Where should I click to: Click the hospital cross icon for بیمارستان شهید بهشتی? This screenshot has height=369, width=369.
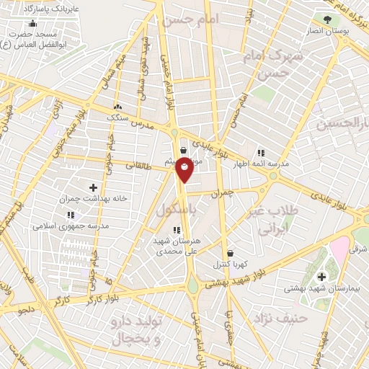coord(321,277)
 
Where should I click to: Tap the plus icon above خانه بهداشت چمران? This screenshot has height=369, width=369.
coord(93,187)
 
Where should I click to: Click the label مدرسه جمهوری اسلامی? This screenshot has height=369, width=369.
coord(70,226)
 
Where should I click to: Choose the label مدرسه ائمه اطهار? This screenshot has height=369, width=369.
coord(259,164)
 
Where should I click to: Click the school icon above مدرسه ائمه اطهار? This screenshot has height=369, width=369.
coord(260,153)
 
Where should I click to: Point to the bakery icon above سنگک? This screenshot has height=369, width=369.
coord(117,107)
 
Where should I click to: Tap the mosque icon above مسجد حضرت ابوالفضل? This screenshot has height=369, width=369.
coord(32,23)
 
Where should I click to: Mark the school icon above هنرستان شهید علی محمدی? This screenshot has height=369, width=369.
coord(177,230)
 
